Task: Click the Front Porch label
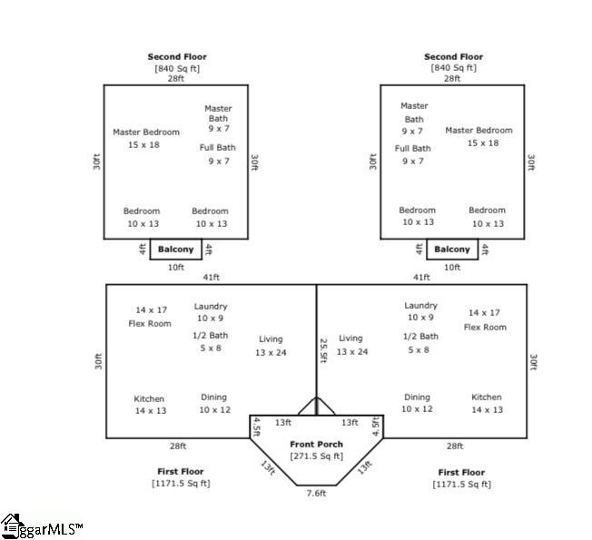coord(316,444)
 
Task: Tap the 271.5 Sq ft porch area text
coord(316,457)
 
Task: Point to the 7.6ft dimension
coord(316,493)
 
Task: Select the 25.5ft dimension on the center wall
coord(323,350)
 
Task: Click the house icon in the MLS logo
coord(11,525)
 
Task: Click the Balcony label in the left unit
coord(175,249)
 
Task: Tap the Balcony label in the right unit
coord(452,249)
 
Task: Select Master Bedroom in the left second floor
coord(146,133)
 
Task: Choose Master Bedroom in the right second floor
coord(479,130)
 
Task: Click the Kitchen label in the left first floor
coord(149,398)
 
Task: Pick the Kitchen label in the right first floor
coord(487,397)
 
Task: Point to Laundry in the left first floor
coord(211,307)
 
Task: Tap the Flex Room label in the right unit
coord(485,327)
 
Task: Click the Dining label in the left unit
coord(213,397)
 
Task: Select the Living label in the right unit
coord(350,339)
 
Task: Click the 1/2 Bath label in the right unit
coord(420,336)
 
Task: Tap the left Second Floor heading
coord(177,57)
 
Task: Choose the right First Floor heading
coord(461,473)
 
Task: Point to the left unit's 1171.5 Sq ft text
coord(181,484)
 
